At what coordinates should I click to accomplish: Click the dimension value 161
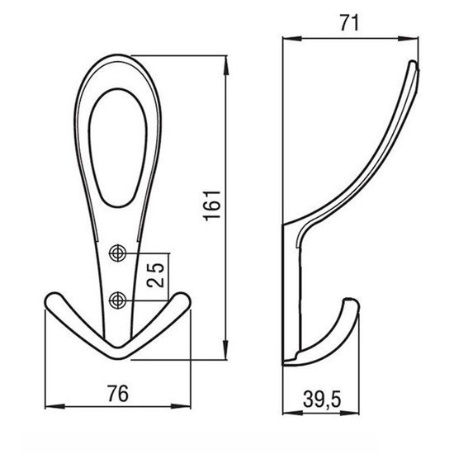pos(213,206)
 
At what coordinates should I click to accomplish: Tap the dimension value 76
pos(118,394)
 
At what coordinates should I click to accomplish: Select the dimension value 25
pos(156,275)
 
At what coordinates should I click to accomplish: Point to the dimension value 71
pos(349,23)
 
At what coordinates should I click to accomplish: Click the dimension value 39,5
pos(322,399)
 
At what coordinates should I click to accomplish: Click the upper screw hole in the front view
pos(117,253)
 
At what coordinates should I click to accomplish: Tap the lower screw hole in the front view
pos(117,300)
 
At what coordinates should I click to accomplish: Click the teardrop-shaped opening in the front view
pos(117,148)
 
